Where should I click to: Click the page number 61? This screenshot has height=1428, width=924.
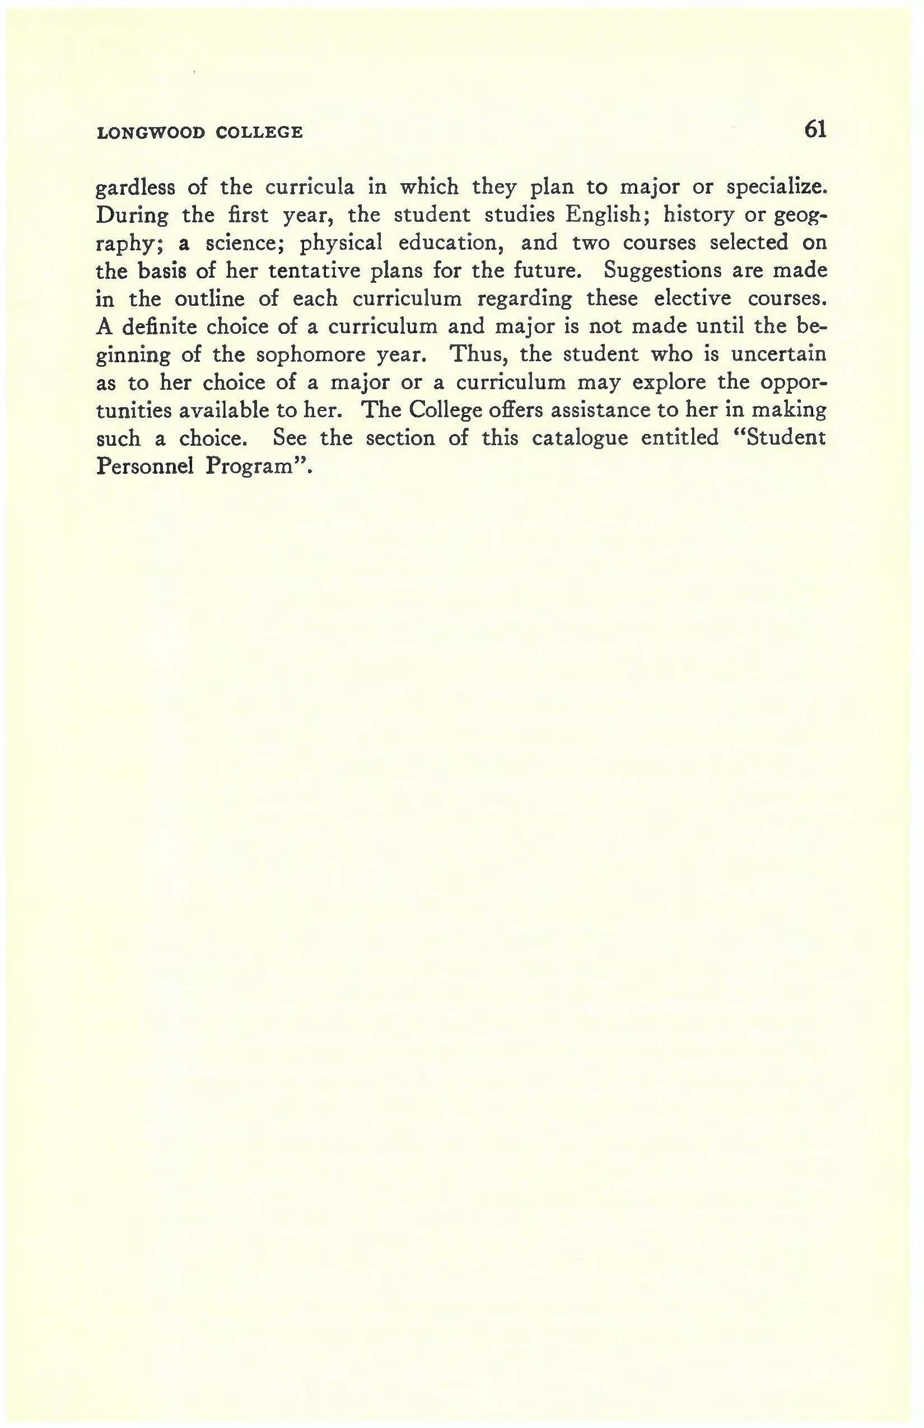point(815,129)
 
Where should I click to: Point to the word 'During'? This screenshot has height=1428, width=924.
point(132,216)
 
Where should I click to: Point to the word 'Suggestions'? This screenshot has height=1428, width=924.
point(662,271)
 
